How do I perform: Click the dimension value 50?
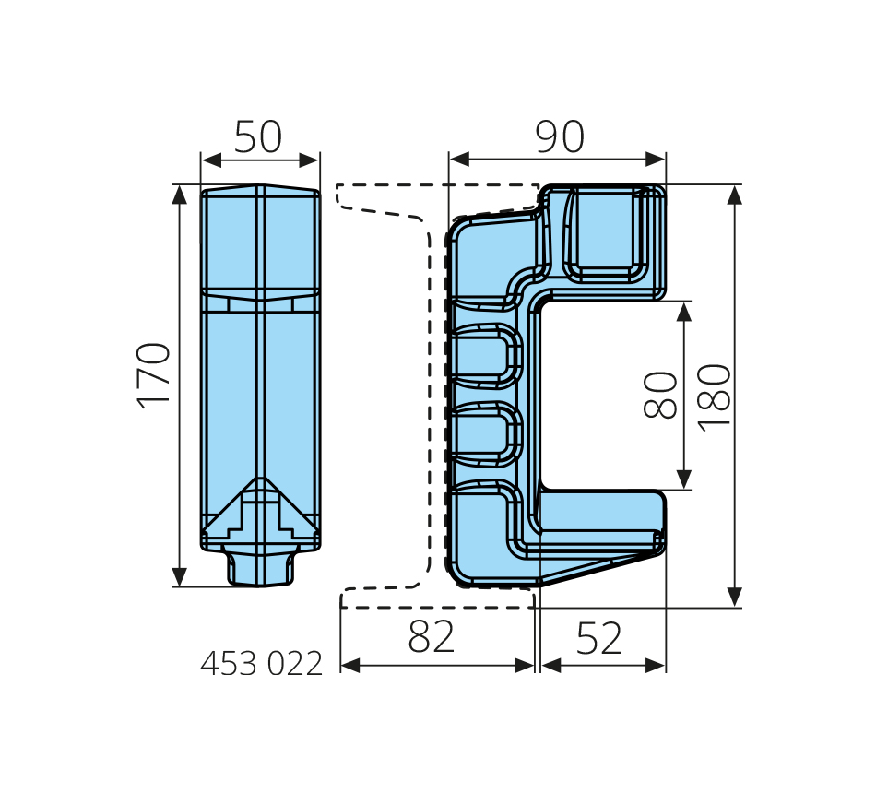257,136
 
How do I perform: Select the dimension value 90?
560,136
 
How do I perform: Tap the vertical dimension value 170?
154,375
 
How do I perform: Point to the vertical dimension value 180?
715,397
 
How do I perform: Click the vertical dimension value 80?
660,395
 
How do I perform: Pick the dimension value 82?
432,636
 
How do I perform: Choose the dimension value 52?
598,638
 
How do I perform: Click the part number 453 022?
262,664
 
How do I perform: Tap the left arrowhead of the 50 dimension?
211,160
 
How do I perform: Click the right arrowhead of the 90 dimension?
656,160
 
